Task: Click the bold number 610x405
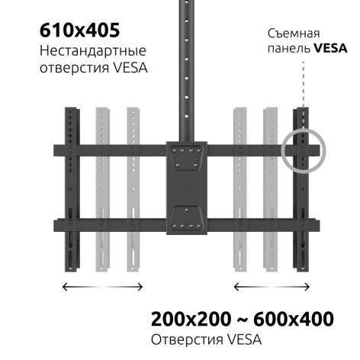[x=79, y=31]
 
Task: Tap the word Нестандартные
[x=93, y=51]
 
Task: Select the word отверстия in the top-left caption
[x=74, y=68]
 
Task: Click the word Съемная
[x=294, y=34]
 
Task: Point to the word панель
[x=289, y=48]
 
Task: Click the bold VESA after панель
[x=330, y=48]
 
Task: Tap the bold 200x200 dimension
[x=191, y=319]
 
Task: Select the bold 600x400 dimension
[x=294, y=319]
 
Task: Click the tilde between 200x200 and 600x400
[x=243, y=320]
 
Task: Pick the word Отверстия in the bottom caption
[x=187, y=339]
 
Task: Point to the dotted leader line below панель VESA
[x=304, y=84]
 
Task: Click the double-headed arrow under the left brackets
[x=102, y=287]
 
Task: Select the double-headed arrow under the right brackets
[x=272, y=287]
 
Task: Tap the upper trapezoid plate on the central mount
[x=187, y=158]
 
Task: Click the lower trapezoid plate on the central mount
[x=187, y=218]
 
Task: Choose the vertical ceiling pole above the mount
[x=187, y=71]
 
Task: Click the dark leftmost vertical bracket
[x=72, y=189]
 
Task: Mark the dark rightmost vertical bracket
[x=301, y=189]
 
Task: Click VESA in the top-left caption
[x=130, y=68]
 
